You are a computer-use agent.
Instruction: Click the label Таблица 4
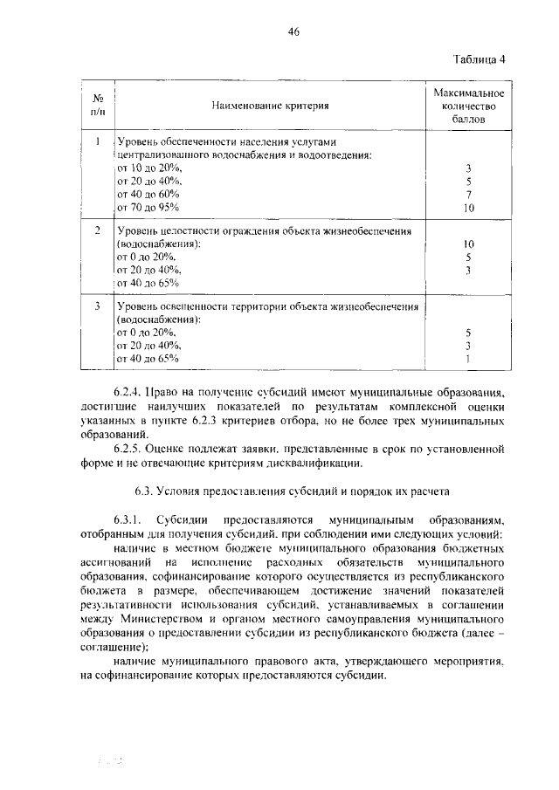[x=480, y=59]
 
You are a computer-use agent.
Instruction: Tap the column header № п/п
[x=99, y=106]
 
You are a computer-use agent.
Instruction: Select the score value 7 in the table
[x=468, y=194]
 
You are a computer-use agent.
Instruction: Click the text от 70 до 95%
[x=147, y=207]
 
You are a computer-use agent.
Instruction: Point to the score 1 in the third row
[x=468, y=359]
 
